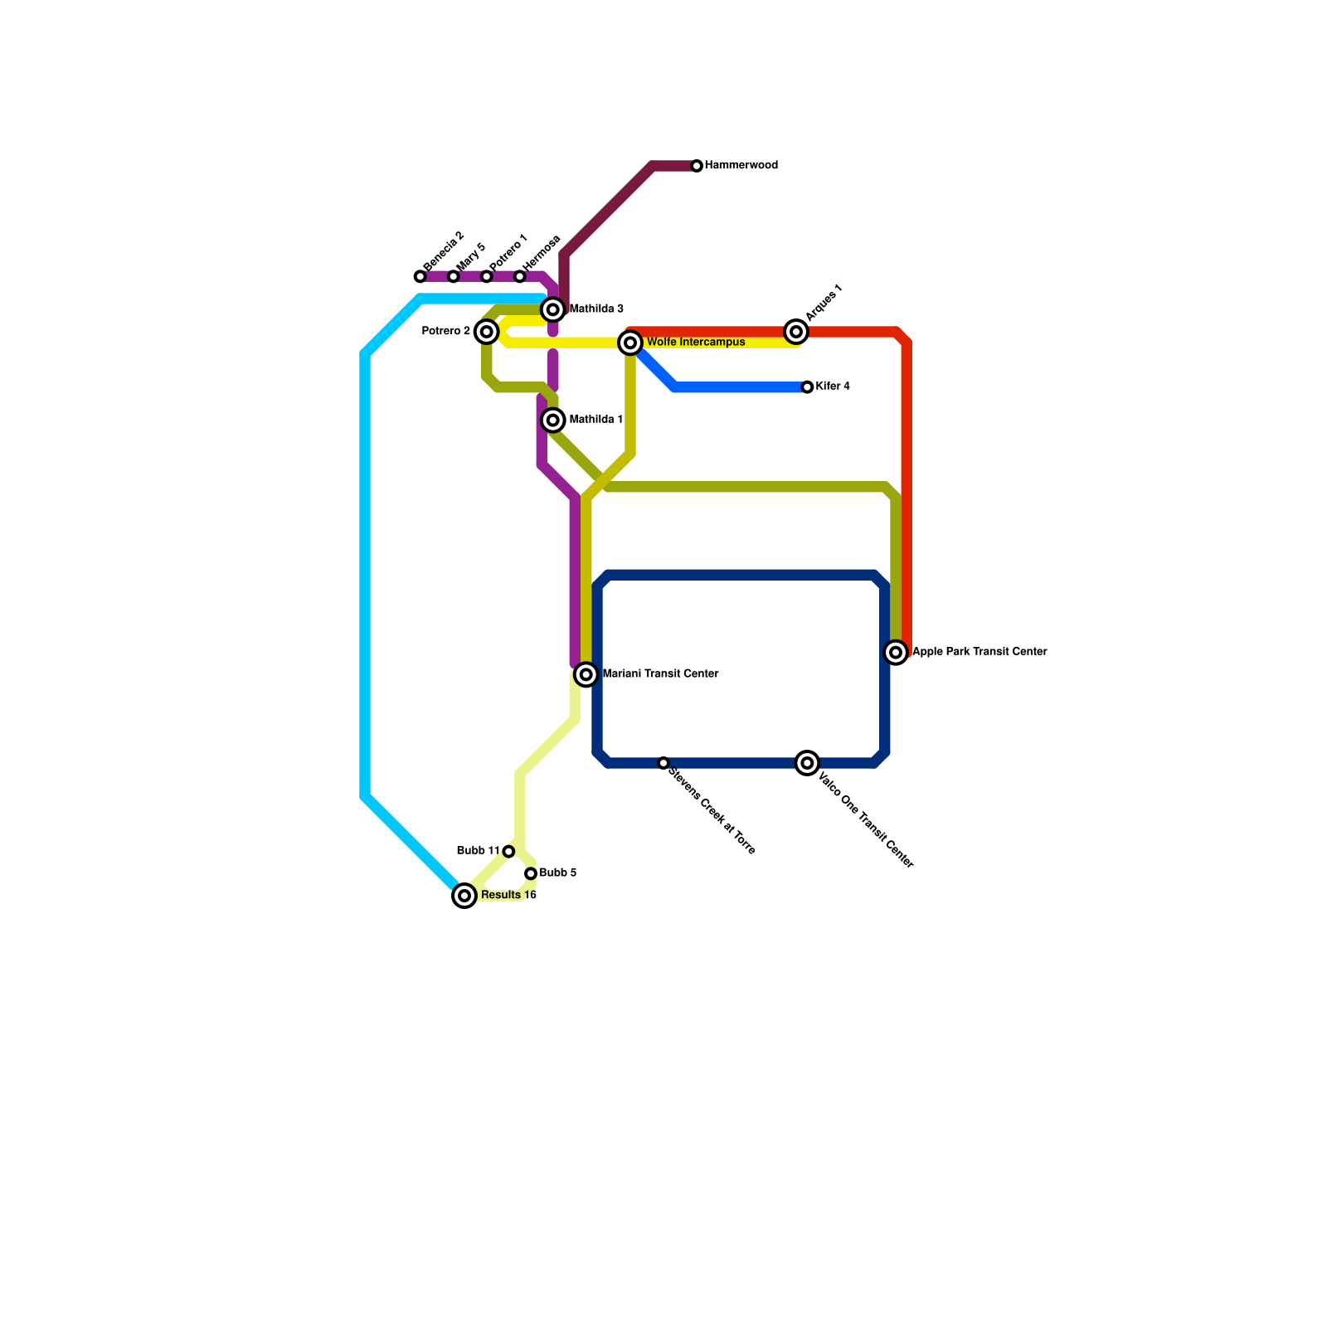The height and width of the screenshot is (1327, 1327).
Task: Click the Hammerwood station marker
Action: [697, 166]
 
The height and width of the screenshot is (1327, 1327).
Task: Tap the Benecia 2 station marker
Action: [420, 276]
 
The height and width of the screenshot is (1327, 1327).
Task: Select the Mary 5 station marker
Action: [454, 276]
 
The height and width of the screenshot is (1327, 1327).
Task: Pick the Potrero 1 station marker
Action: [487, 276]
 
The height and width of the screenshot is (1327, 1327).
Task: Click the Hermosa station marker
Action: [520, 276]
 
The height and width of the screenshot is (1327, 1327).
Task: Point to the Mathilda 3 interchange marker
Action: [553, 309]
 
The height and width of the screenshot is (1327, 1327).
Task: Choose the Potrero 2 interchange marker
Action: [487, 332]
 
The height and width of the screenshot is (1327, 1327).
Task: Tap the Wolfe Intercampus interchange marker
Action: [630, 343]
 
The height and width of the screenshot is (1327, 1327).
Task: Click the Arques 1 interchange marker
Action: [796, 332]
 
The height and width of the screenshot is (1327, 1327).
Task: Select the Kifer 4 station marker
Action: [807, 387]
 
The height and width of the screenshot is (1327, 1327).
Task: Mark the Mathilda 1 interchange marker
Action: [553, 420]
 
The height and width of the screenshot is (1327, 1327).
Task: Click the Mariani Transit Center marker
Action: [586, 674]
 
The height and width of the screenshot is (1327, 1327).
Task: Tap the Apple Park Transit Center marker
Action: [896, 653]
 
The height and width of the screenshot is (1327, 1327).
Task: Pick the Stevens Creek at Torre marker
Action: [663, 763]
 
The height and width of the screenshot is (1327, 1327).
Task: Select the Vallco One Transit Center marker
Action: [807, 763]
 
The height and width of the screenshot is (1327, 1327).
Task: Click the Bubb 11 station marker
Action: [508, 852]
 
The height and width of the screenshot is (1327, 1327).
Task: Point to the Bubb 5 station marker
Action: [531, 873]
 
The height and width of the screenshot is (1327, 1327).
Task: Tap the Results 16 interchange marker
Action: [465, 896]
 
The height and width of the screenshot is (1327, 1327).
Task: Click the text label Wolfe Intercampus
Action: [695, 343]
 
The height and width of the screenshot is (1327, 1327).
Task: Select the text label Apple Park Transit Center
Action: [979, 652]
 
